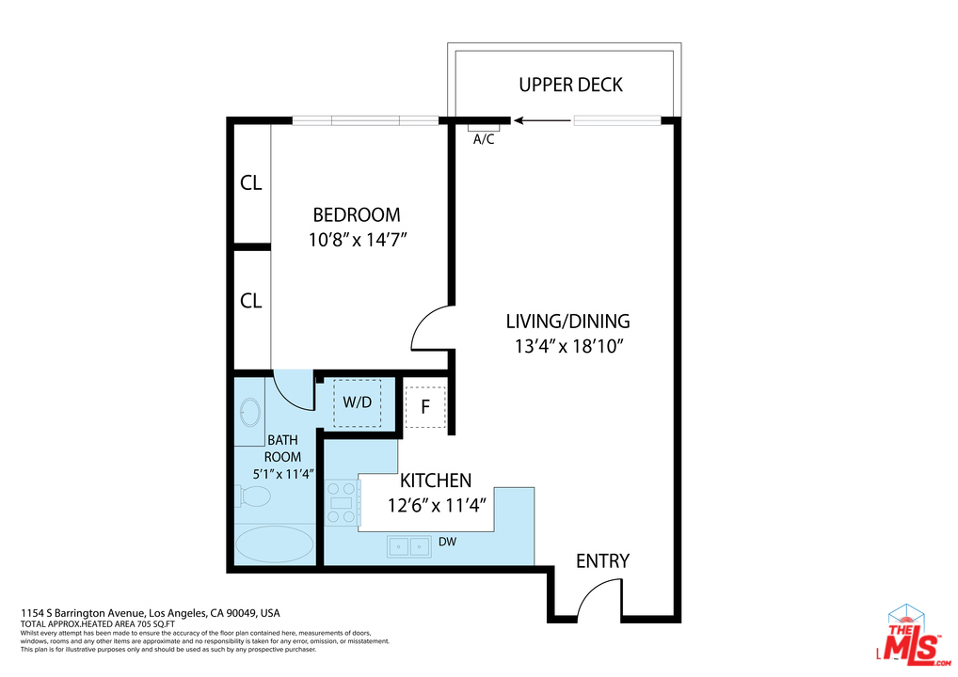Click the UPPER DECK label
(570, 85)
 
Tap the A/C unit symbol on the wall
(484, 128)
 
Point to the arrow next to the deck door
(543, 121)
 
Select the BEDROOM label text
(357, 215)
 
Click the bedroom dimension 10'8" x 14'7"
(358, 240)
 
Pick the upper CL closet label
(251, 183)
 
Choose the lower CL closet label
(251, 301)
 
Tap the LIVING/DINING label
(568, 321)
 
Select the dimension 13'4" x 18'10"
(568, 347)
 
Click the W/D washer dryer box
(358, 402)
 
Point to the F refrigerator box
(426, 406)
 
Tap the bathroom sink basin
(250, 412)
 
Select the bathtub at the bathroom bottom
(275, 543)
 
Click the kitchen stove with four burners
(342, 502)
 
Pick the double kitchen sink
(408, 546)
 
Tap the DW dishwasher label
(447, 543)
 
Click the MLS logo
(914, 637)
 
